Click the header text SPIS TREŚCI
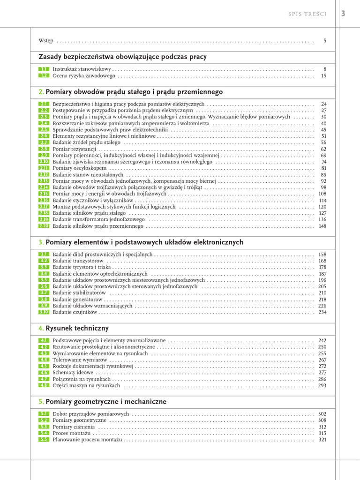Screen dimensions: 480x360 (x=307, y=14)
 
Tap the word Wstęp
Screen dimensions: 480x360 (x=45, y=41)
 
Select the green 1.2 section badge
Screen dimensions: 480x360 (x=44, y=75)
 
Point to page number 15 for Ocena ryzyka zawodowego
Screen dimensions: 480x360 (x=323, y=75)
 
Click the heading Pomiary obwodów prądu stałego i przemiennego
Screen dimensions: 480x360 (x=134, y=92)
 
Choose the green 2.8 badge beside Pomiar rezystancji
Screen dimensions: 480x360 (x=44, y=149)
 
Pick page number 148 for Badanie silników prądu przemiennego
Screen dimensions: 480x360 (x=322, y=226)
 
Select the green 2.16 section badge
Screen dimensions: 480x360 (x=44, y=200)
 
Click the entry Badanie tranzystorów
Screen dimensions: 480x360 (x=78, y=261)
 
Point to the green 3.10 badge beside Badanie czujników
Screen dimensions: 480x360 (x=44, y=312)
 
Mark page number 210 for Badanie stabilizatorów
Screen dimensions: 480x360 (x=322, y=292)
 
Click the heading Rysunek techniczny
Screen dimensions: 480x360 (x=77, y=328)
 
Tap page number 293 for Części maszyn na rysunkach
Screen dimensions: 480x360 (x=322, y=385)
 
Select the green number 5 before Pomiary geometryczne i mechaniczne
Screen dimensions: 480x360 (x=41, y=402)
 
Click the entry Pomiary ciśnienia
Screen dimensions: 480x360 (x=74, y=427)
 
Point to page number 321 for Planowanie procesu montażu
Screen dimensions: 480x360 (x=322, y=440)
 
